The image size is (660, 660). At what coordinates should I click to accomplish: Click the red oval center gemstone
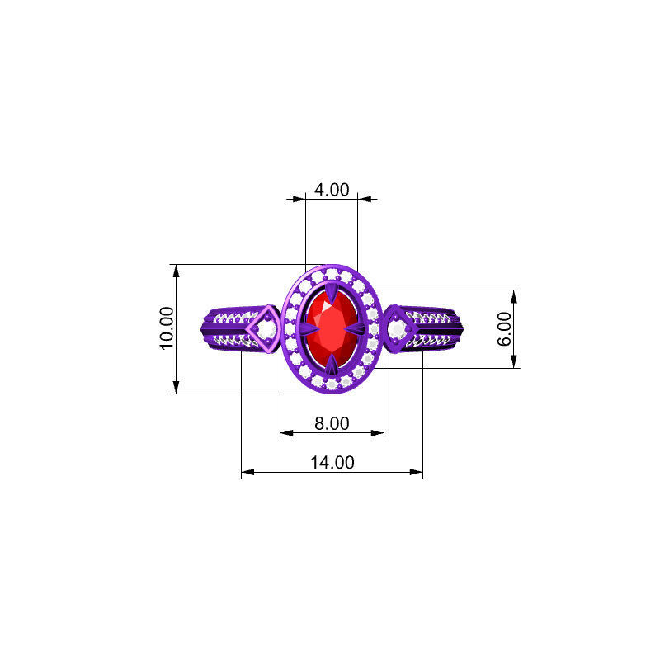(x=330, y=327)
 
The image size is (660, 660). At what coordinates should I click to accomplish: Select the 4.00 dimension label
(x=332, y=189)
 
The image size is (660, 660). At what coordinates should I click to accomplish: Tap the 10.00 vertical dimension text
(x=167, y=328)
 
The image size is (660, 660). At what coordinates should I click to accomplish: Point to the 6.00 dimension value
(x=505, y=328)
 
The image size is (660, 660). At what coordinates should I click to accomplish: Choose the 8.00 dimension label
(x=332, y=423)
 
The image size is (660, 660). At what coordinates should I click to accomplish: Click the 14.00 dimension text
(x=332, y=463)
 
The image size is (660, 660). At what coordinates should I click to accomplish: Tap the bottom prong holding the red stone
(x=331, y=364)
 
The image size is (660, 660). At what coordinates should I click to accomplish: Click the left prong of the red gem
(x=306, y=328)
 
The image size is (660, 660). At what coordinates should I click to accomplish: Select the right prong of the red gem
(x=356, y=328)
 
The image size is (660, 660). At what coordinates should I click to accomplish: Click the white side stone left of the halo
(x=266, y=330)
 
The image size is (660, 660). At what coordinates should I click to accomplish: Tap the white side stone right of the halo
(x=397, y=330)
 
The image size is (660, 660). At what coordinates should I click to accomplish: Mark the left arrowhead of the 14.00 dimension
(x=247, y=473)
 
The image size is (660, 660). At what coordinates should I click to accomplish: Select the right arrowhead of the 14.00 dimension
(x=417, y=473)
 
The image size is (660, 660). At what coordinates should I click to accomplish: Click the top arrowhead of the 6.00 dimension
(x=515, y=295)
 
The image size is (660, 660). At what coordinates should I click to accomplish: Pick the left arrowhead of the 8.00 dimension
(x=286, y=432)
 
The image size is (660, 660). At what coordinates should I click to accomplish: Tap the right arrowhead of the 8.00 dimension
(x=379, y=432)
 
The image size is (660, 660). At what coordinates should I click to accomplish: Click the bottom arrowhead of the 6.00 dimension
(x=515, y=362)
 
